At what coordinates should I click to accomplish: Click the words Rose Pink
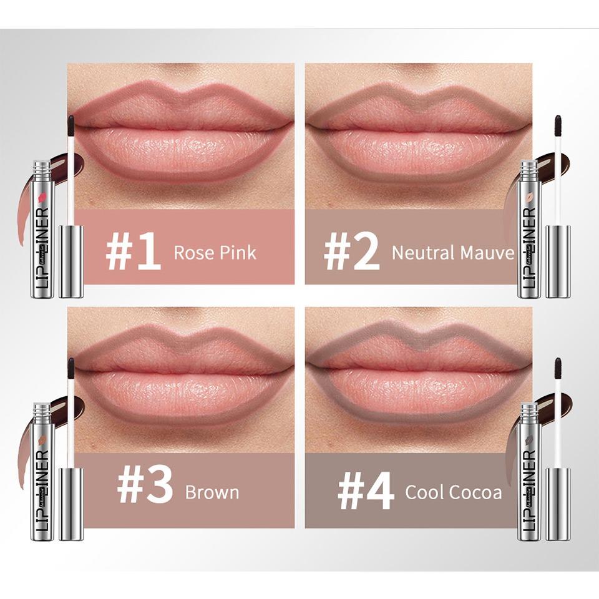(215, 253)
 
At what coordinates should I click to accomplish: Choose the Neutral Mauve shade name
(453, 253)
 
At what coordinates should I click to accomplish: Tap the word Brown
(212, 492)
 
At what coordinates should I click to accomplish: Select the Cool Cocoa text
(453, 492)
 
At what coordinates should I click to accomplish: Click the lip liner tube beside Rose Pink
(43, 228)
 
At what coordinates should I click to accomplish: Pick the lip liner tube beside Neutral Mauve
(528, 228)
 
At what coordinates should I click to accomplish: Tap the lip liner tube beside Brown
(43, 472)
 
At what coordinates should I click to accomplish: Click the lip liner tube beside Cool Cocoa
(528, 472)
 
